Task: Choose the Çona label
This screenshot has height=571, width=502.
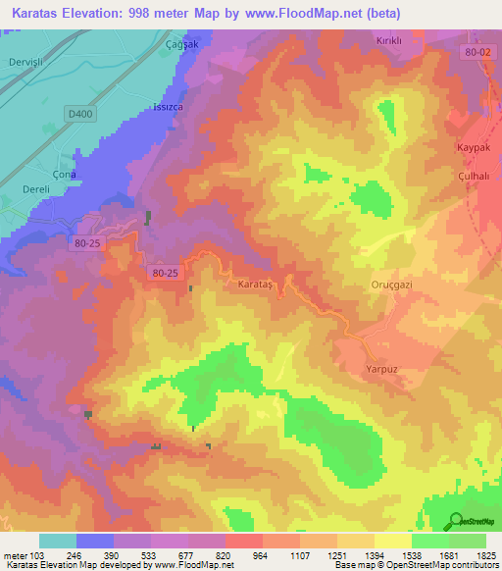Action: [x=64, y=174]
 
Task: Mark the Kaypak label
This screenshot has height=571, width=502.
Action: [x=474, y=146]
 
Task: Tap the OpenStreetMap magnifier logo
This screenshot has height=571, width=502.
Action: [x=454, y=521]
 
